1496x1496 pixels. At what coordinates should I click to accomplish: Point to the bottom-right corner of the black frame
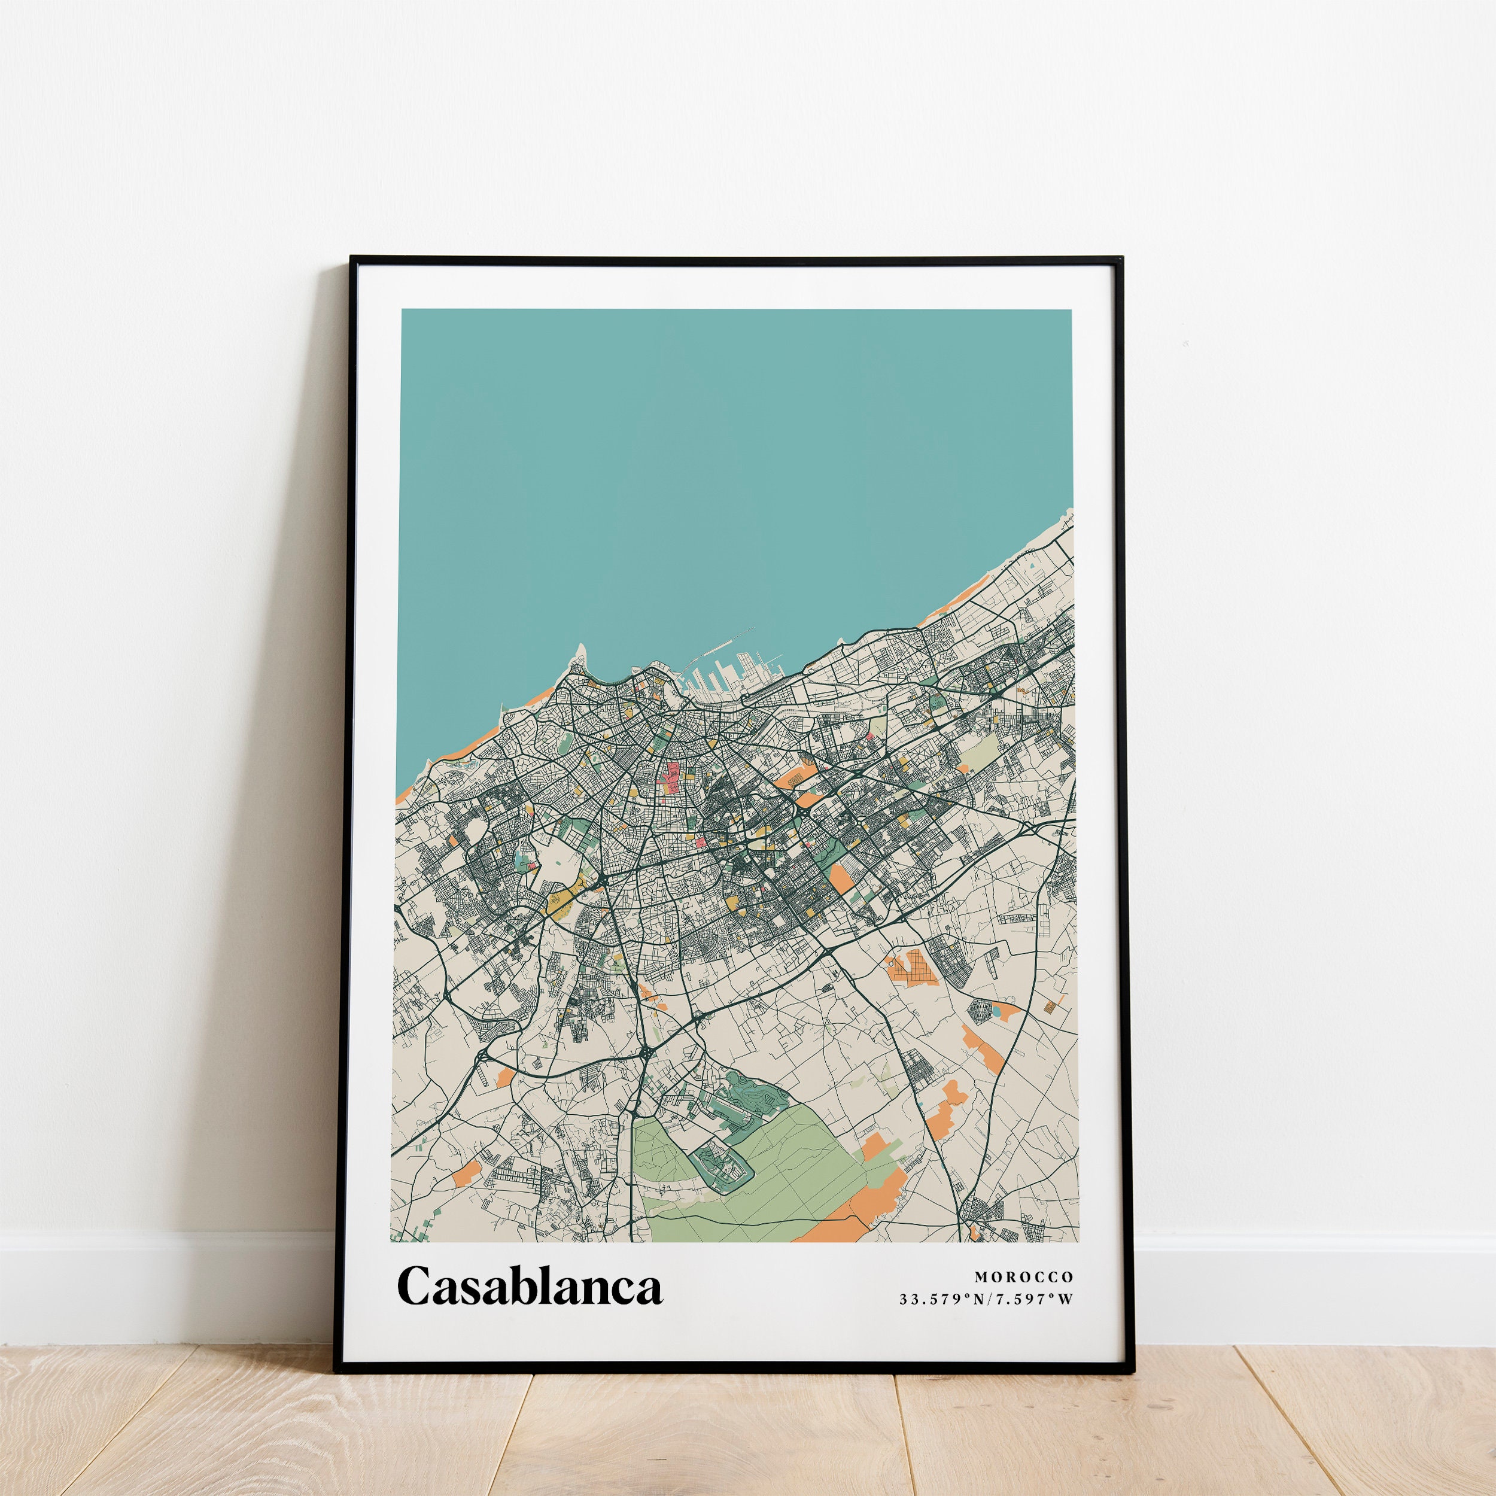[x=1132, y=1370]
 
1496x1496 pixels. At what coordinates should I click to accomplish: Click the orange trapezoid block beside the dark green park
[x=842, y=877]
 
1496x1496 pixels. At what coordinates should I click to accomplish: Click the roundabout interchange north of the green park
[x=645, y=1054]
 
